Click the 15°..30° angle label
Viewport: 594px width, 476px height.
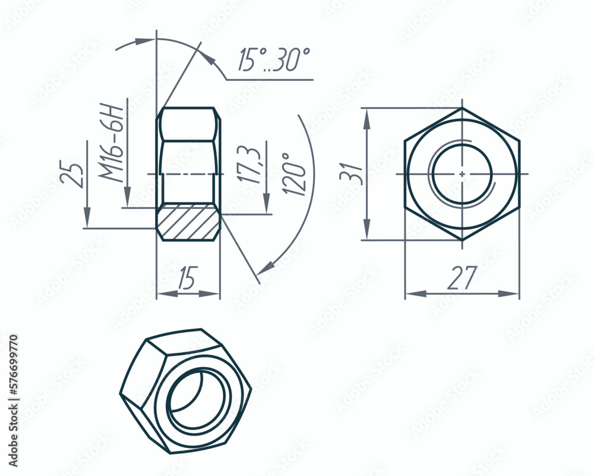coord(274,60)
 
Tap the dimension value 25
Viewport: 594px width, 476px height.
coord(71,174)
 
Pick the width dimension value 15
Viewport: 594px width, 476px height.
coord(188,279)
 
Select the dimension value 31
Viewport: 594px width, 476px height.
coord(349,174)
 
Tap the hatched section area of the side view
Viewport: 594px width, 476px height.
coord(188,221)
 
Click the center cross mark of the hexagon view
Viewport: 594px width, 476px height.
coord(462,174)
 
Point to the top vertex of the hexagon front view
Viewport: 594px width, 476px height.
coord(462,108)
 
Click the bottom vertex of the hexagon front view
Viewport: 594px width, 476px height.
coord(462,240)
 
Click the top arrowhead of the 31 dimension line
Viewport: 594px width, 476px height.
coord(367,116)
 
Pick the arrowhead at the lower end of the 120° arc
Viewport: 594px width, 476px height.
coord(267,266)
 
